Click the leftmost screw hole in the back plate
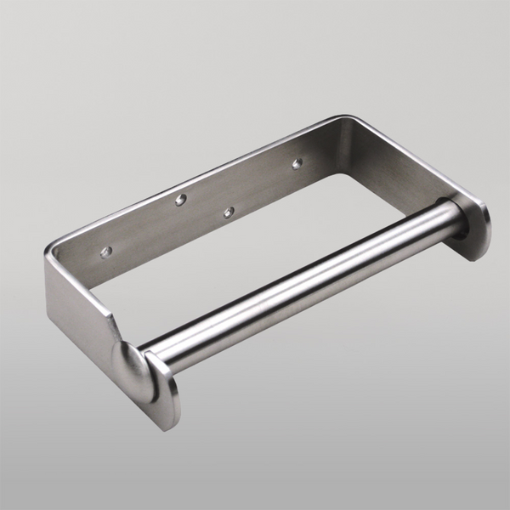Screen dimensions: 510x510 coord(105,252)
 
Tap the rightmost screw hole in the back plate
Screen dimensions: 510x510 coord(297,163)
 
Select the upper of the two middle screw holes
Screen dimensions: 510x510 coord(180,200)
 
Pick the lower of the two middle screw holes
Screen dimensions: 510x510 coord(228,212)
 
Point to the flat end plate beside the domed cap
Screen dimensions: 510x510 coord(164,390)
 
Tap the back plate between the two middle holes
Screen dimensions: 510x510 coord(204,206)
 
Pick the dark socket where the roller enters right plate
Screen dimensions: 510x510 coord(460,223)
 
